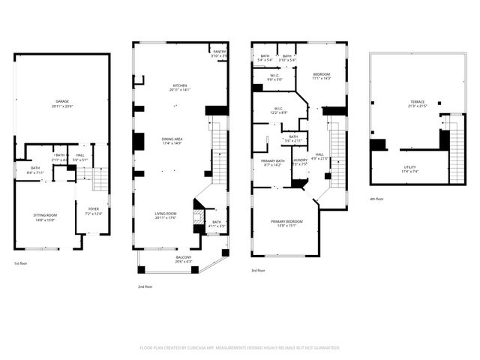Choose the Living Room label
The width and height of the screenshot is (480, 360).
coord(166,216)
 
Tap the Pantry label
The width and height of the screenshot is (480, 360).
coord(218,53)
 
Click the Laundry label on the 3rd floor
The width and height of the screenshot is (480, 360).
coord(299,161)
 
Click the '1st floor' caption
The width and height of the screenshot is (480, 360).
coord(21,264)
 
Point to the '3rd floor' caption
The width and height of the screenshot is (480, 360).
coord(259,270)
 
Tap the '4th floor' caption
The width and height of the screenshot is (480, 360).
coord(377,199)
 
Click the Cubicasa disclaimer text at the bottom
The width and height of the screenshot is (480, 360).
coord(240,347)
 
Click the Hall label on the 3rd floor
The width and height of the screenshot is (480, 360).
coord(319,156)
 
